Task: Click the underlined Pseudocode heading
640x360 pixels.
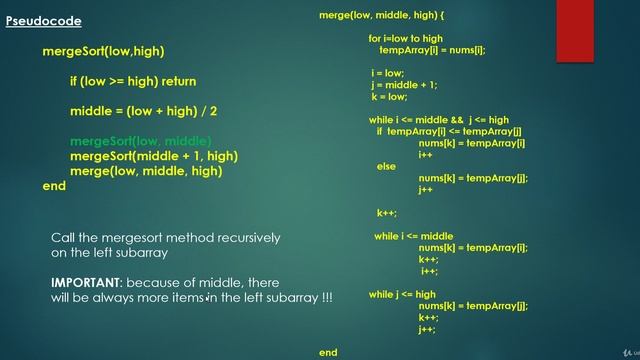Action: click(43, 20)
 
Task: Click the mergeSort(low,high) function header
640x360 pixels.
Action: click(103, 50)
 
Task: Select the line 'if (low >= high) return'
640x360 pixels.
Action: click(132, 81)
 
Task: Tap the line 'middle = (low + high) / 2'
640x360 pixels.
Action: click(143, 111)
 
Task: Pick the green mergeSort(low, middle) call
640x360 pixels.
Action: click(140, 141)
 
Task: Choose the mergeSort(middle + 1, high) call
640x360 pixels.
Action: click(153, 156)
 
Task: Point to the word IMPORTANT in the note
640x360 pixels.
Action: click(86, 283)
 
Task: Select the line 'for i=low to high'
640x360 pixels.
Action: click(405, 38)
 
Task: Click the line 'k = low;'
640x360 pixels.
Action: click(389, 97)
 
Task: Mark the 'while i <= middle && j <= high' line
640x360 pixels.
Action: click(439, 120)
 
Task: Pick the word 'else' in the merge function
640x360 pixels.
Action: click(386, 167)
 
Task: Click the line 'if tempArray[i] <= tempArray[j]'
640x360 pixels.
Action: click(449, 132)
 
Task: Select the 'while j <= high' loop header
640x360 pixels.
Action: click(402, 295)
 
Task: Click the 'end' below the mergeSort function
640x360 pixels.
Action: click(54, 186)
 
